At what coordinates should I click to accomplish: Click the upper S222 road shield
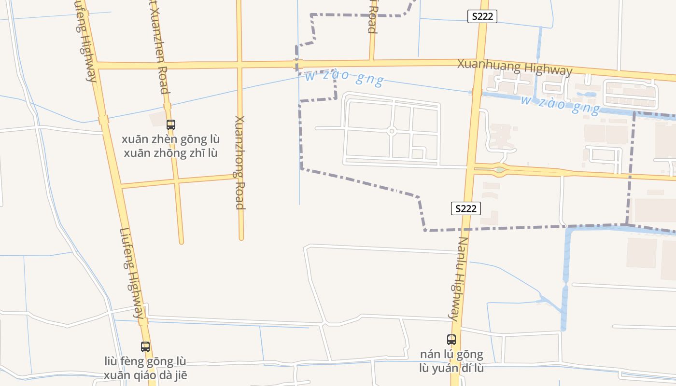click(x=482, y=16)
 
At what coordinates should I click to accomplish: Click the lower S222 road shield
click(x=466, y=208)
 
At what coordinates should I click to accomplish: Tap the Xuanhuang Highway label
click(x=515, y=67)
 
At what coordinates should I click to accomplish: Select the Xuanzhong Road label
click(x=240, y=162)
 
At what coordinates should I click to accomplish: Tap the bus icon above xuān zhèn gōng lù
click(x=170, y=125)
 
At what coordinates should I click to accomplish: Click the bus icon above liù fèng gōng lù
click(x=145, y=346)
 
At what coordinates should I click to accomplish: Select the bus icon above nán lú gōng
click(x=451, y=340)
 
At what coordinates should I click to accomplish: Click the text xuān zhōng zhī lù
click(x=170, y=153)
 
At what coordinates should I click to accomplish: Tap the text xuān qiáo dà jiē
click(x=145, y=375)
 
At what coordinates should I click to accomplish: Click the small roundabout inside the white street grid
click(x=392, y=131)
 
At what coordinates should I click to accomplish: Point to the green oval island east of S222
click(x=499, y=169)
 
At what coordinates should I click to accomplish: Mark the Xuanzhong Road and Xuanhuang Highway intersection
click(x=239, y=64)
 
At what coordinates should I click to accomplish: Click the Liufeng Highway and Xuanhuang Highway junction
click(x=96, y=65)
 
